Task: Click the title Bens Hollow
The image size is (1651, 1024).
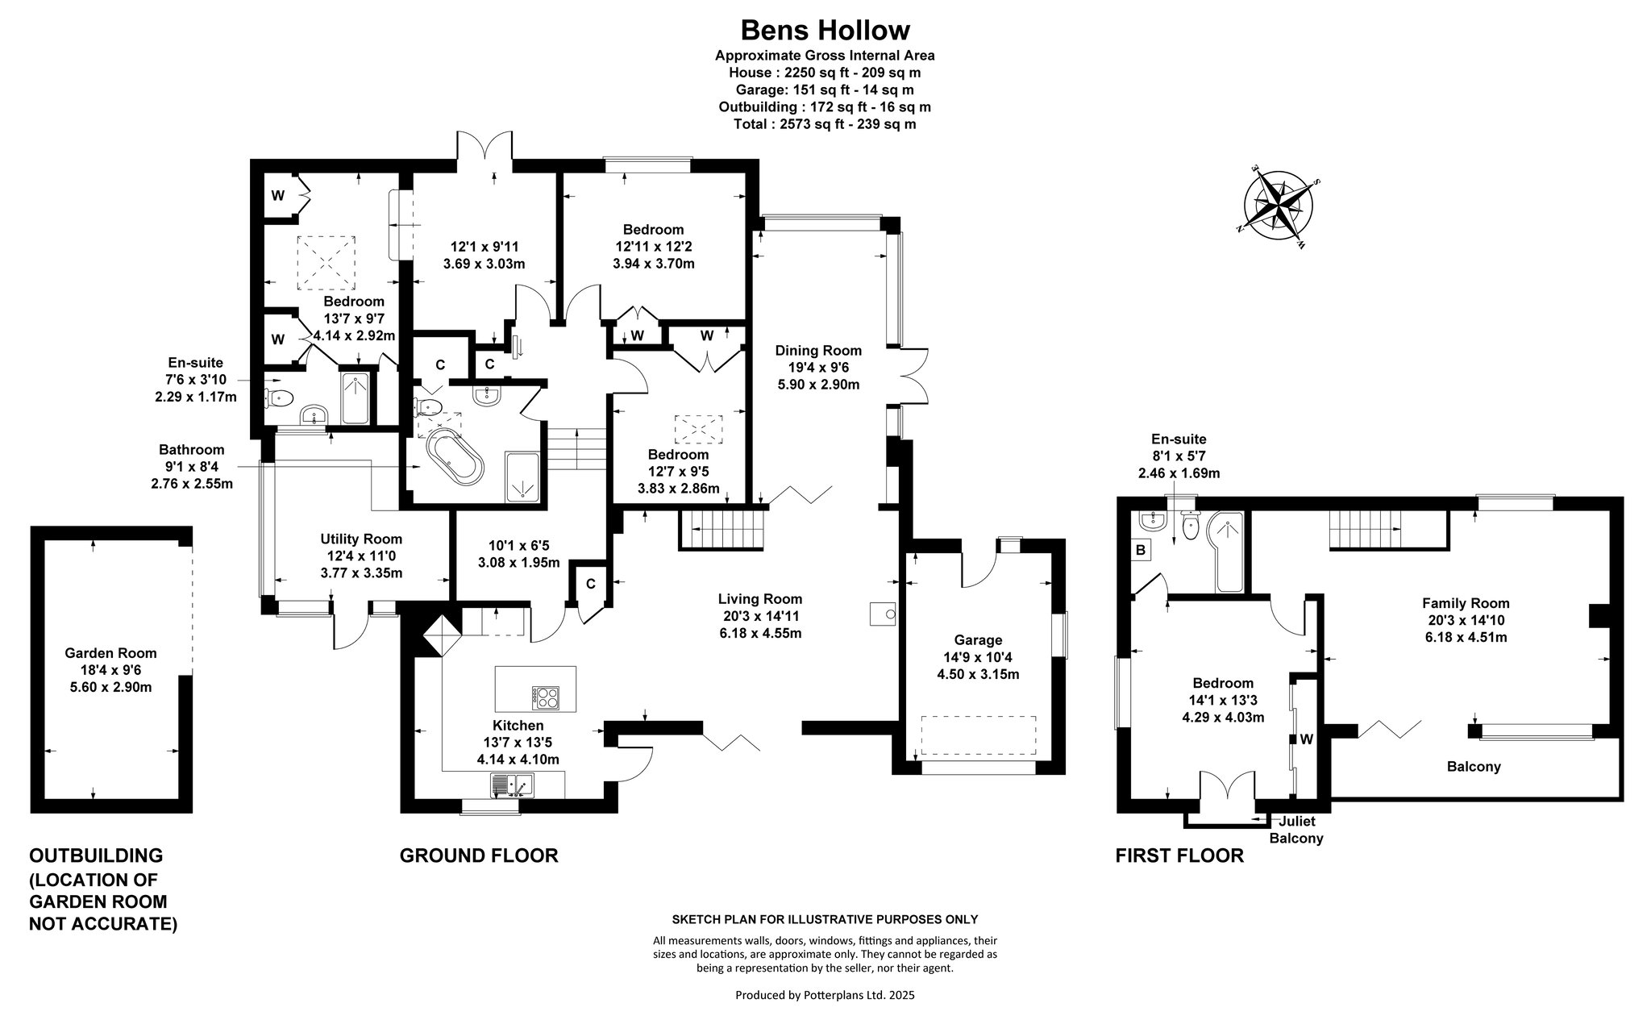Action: click(825, 30)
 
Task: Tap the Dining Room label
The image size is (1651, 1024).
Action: click(818, 351)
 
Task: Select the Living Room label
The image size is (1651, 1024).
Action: click(760, 599)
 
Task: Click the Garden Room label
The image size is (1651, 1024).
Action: click(111, 653)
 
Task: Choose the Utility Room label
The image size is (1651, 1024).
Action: click(361, 539)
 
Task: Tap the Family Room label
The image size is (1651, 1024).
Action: click(1466, 603)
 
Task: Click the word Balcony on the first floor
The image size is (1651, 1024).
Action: click(1474, 767)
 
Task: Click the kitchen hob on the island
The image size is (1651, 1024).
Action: click(546, 697)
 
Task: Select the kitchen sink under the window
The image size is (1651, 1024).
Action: click(511, 784)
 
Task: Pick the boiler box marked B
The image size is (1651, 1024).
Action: click(1141, 550)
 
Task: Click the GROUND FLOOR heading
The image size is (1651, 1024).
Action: click(479, 855)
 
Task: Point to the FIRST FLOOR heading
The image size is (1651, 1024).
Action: click(1179, 855)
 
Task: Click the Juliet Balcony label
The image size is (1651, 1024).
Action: click(1296, 830)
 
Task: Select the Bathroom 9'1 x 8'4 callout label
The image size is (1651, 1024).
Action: click(192, 467)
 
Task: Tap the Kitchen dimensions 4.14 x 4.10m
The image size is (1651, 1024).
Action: click(518, 760)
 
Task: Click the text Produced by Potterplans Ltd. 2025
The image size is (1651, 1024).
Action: click(825, 995)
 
